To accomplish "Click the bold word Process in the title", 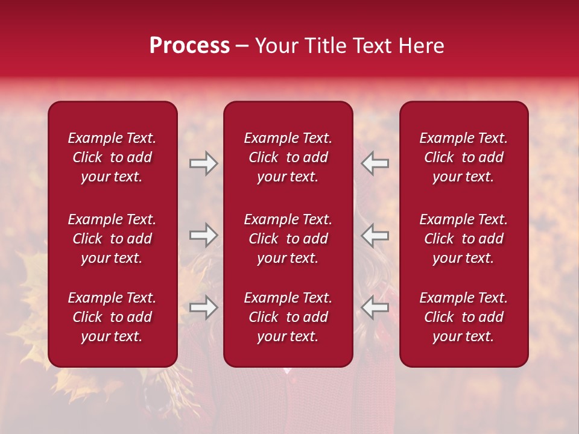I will [189, 46].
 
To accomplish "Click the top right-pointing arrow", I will [203, 163].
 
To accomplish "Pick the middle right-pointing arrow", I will [203, 235].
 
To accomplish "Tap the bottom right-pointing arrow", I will [203, 308].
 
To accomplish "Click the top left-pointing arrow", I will [375, 163].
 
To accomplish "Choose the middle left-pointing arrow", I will [375, 235].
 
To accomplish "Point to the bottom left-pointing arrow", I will [375, 308].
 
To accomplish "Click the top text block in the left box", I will [112, 157].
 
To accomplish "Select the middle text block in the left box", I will [112, 239].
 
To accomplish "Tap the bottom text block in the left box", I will [112, 317].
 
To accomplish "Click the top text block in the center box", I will [288, 157].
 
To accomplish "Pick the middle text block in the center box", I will [288, 239].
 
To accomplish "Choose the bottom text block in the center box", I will [288, 317].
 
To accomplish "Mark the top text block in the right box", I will [464, 157].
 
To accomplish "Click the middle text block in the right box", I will [464, 239].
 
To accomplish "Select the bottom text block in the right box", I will [464, 317].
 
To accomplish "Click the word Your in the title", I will [276, 46].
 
